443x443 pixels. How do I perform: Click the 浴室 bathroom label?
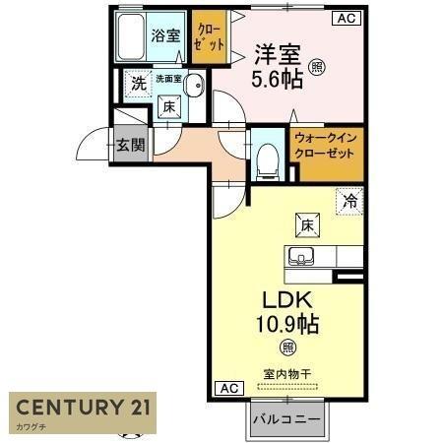pos(165,36)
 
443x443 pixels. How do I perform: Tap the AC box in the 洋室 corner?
pos(347,17)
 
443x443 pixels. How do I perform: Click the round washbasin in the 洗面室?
pos(194,85)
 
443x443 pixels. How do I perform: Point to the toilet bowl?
pos(266,160)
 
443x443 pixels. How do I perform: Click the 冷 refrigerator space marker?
pos(348,200)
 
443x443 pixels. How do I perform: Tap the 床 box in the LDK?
pos(305,224)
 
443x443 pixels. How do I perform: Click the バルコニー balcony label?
pos(285,419)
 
